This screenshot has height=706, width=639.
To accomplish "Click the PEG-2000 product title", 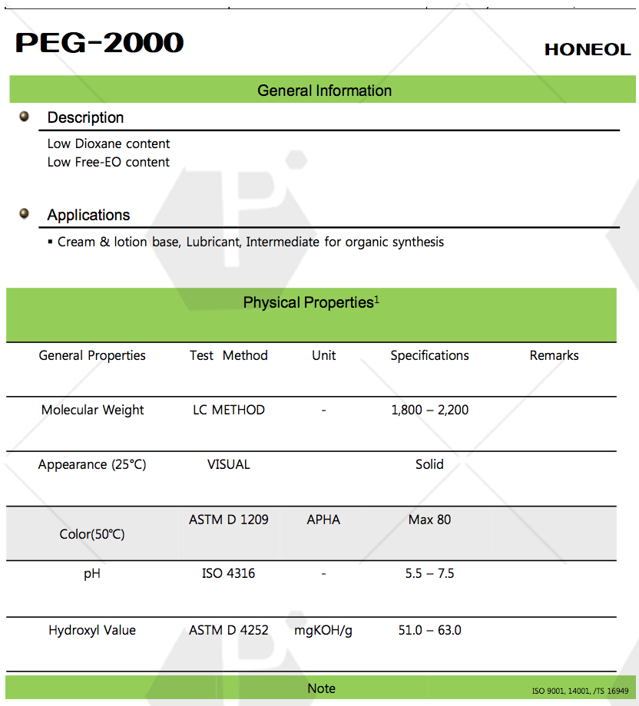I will click(99, 43).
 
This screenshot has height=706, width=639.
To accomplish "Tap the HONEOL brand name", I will click(587, 50).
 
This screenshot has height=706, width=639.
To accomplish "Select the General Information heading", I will click(324, 91).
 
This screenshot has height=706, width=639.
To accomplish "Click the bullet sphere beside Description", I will click(25, 117).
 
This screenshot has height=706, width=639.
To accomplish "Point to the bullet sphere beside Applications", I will click(25, 214).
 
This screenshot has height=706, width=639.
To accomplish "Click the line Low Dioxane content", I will click(108, 144).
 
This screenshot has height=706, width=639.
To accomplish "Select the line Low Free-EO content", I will click(108, 162).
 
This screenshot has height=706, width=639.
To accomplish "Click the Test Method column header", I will click(228, 355).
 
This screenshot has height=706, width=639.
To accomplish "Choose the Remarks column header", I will click(554, 355).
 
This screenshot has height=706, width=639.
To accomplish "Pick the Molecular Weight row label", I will click(92, 410).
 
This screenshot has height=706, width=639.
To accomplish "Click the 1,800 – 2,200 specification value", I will click(429, 410).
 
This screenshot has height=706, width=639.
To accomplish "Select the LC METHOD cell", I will click(228, 410).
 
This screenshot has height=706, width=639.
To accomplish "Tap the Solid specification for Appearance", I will click(429, 464).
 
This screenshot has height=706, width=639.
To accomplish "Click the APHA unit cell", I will click(323, 520).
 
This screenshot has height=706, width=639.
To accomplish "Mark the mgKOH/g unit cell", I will click(323, 630).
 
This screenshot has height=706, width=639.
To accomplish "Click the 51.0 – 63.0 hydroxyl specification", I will click(429, 630).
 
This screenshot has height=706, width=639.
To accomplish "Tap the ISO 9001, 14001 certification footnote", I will click(580, 691).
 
